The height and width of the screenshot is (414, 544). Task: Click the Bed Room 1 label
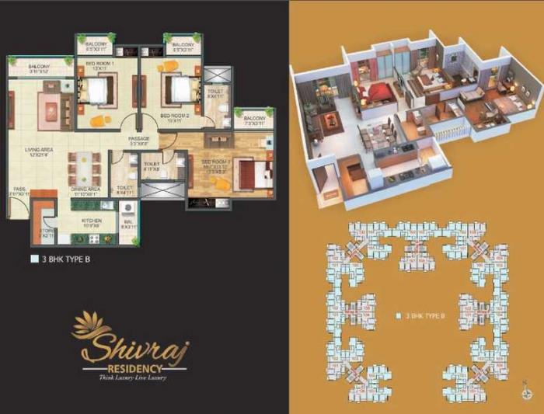[101, 65]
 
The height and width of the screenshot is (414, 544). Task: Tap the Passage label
[139, 141]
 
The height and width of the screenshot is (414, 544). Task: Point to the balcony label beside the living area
[39, 68]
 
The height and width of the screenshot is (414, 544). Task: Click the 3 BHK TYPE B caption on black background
[66, 259]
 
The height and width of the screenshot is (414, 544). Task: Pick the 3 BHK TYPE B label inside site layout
[420, 316]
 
